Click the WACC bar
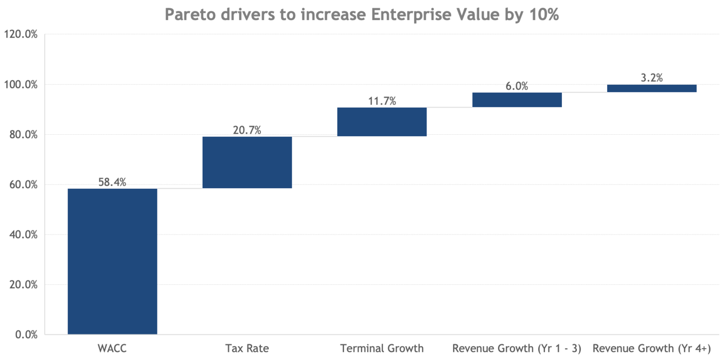(x=112, y=261)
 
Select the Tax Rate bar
(x=247, y=162)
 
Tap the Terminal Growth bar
(x=382, y=121)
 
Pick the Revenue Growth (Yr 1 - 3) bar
(x=517, y=100)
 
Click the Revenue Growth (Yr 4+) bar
(x=651, y=88)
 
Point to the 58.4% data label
(x=112, y=182)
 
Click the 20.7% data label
(x=247, y=130)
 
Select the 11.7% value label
(x=382, y=101)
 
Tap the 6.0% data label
(x=517, y=86)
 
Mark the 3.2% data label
(x=651, y=78)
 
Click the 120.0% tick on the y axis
(x=21, y=34)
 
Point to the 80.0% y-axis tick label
(x=23, y=135)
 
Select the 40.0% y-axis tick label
(x=23, y=235)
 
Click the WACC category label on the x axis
(x=112, y=349)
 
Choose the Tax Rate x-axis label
(x=247, y=349)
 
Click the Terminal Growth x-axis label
(x=382, y=349)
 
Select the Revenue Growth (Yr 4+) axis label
(x=651, y=349)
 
